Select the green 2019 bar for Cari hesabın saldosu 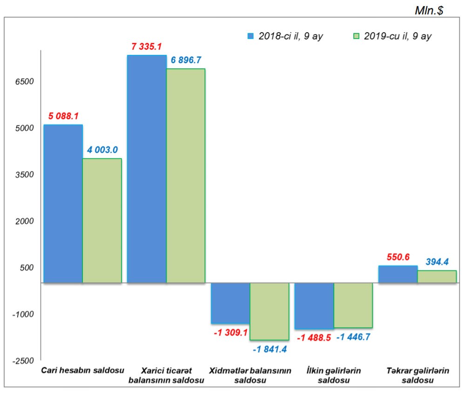[102, 220]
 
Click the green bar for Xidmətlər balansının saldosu [270, 311]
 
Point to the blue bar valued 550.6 [398, 274]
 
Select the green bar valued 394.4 [437, 277]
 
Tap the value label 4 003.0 [102, 150]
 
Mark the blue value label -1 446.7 [353, 337]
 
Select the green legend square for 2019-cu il [357, 36]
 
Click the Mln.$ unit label [429, 11]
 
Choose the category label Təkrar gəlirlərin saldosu [418, 376]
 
